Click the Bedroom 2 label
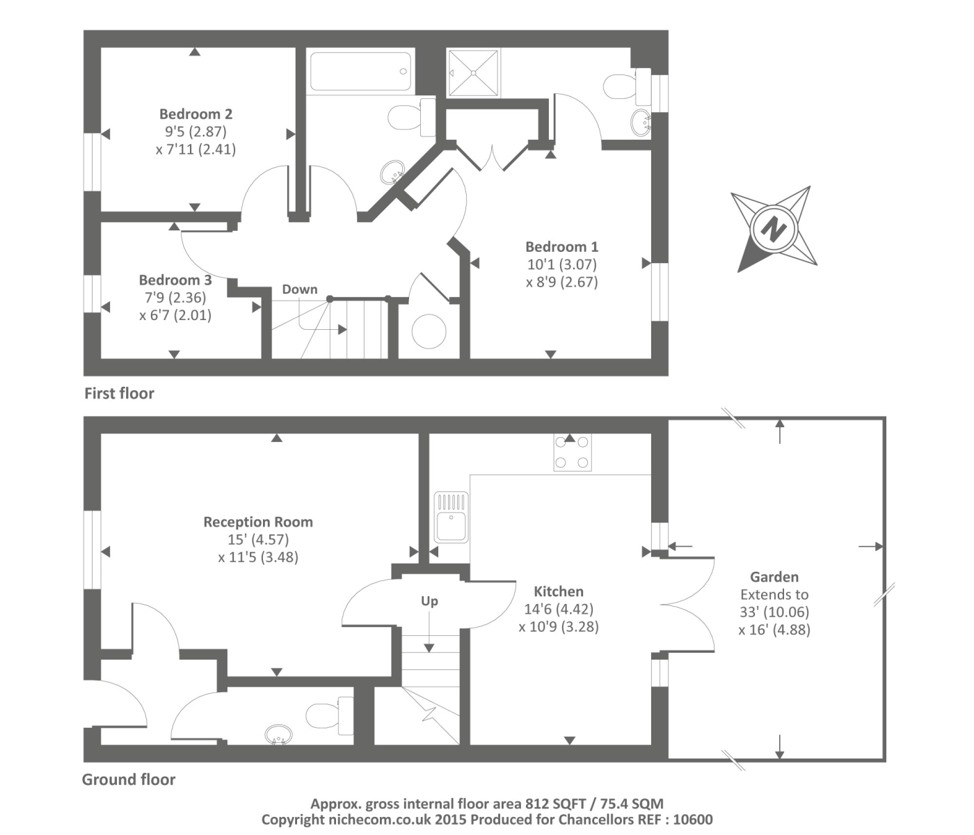(195, 114)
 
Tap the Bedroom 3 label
(175, 280)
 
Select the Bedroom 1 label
(561, 246)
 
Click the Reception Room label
(258, 522)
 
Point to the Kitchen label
(559, 591)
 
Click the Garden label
(774, 577)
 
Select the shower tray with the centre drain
(473, 72)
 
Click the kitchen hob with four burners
(573, 452)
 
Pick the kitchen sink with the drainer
(452, 517)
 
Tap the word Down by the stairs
(300, 289)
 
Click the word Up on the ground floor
(429, 601)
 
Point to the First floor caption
(119, 394)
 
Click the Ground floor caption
(129, 779)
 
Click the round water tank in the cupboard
(429, 331)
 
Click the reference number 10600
(692, 820)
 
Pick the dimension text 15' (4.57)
(258, 539)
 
